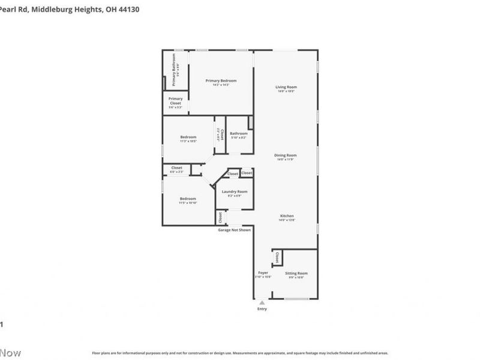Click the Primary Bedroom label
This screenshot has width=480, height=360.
(x=221, y=80)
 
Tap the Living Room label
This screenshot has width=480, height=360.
(x=286, y=87)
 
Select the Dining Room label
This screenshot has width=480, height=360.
(x=286, y=155)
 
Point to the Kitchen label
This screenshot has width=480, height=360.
(x=286, y=216)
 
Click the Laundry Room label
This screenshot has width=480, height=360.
(x=234, y=191)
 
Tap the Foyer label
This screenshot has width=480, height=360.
(x=263, y=273)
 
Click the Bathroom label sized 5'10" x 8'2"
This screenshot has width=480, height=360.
(x=238, y=134)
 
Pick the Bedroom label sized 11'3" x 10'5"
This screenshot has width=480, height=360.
(x=188, y=137)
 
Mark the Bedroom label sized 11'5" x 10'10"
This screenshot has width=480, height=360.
(x=188, y=199)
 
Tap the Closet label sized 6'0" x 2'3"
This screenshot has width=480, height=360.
(x=176, y=168)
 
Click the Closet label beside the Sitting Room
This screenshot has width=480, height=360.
(x=277, y=257)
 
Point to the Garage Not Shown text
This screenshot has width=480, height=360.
(x=234, y=230)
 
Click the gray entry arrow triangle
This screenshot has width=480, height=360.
(x=262, y=304)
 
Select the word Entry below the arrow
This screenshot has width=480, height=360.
(x=262, y=309)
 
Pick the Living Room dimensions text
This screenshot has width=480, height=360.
(x=286, y=91)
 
